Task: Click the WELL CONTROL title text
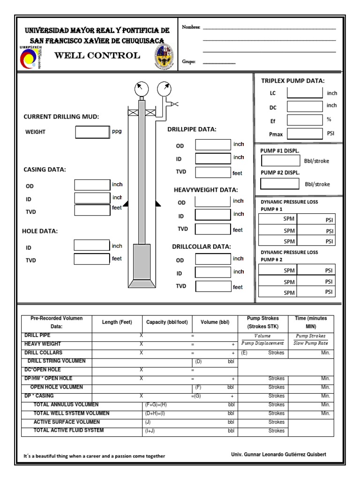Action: pyautogui.click(x=97, y=56)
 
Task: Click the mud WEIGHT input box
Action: pyautogui.click(x=92, y=132)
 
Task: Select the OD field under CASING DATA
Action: pyautogui.click(x=92, y=186)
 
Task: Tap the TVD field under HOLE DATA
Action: pyautogui.click(x=92, y=259)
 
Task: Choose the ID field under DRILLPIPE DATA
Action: pyautogui.click(x=213, y=158)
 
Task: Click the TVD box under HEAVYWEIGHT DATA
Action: pyautogui.click(x=213, y=229)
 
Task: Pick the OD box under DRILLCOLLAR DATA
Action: pyautogui.click(x=213, y=260)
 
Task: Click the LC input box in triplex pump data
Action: pyautogui.click(x=305, y=92)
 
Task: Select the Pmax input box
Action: pyautogui.click(x=305, y=134)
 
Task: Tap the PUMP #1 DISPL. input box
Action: pyautogui.click(x=280, y=161)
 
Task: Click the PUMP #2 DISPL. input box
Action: pyautogui.click(x=280, y=184)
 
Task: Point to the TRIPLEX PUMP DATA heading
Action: pyautogui.click(x=293, y=81)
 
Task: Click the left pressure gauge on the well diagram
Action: pyautogui.click(x=141, y=88)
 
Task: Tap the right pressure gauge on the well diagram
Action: pyautogui.click(x=164, y=88)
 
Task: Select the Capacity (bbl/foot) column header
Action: pyautogui.click(x=167, y=322)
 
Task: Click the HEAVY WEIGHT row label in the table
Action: pyautogui.click(x=43, y=344)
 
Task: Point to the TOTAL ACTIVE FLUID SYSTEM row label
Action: pyautogui.click(x=68, y=430)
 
